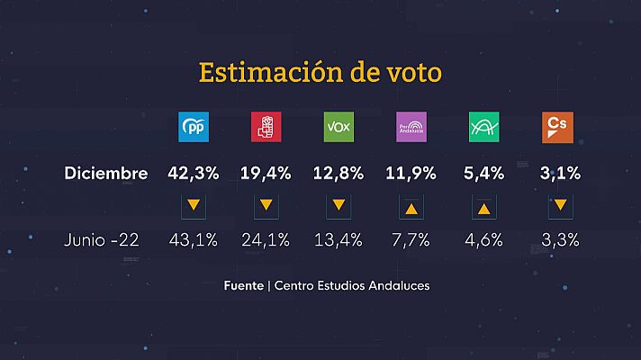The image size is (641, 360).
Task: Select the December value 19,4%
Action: tap(265, 174)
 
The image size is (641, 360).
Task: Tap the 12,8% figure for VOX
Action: tap(338, 174)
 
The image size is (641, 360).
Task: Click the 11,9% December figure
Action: tap(411, 174)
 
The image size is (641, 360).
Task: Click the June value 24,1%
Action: tap(265, 240)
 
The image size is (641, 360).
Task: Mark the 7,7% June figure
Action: tap(411, 240)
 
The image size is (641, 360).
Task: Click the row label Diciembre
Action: tap(106, 174)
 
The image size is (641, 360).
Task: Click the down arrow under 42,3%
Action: tap(192, 206)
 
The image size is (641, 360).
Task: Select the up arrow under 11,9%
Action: tap(411, 207)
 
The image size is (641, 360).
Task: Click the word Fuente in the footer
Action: tap(245, 286)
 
